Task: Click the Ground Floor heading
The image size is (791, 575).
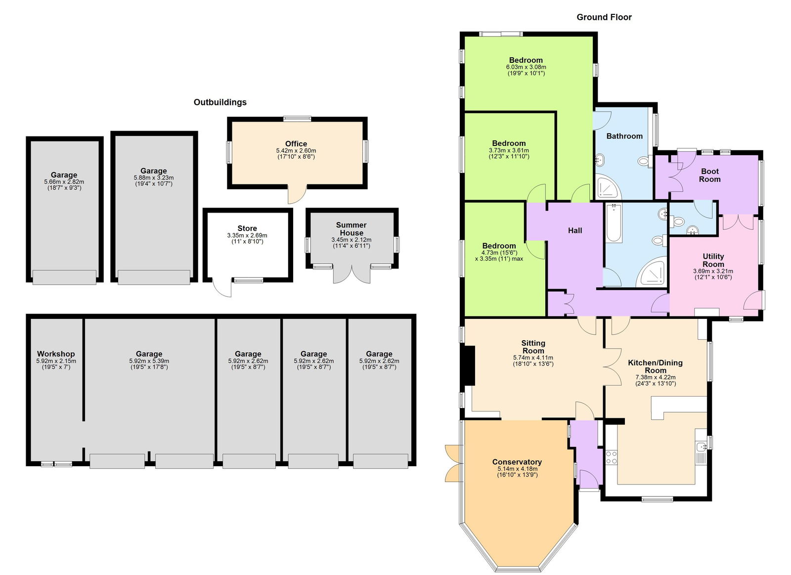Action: click(x=604, y=17)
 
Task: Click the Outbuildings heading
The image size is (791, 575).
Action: click(x=220, y=102)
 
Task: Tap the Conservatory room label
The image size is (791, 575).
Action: click(x=517, y=462)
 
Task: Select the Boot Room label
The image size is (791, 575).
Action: click(x=709, y=175)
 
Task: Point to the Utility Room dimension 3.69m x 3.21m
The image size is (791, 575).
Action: click(x=713, y=271)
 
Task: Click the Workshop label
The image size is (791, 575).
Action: click(x=56, y=354)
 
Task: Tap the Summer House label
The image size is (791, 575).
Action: click(x=351, y=229)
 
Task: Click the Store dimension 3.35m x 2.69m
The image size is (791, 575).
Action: click(x=247, y=235)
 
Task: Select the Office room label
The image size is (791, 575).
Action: click(x=296, y=144)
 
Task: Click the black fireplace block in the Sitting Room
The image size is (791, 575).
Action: click(x=467, y=365)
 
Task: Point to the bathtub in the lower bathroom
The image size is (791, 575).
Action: click(x=614, y=223)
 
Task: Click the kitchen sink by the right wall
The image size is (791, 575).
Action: click(x=702, y=447)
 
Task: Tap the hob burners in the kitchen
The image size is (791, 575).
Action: click(x=612, y=457)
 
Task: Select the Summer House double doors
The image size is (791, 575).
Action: click(x=352, y=274)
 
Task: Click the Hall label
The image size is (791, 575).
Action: click(x=574, y=230)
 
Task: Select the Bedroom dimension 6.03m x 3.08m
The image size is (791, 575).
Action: click(x=526, y=67)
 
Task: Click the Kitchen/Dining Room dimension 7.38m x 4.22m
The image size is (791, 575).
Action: click(x=655, y=377)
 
